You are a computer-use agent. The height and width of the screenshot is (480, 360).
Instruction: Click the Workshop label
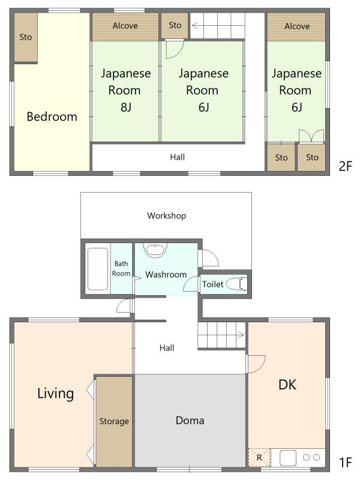pos(167,215)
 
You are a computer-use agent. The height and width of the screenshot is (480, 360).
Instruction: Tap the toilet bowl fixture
pos(236,284)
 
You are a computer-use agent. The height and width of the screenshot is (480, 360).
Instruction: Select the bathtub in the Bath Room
pos(98,268)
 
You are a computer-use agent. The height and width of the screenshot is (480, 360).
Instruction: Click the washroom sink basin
pos(155,250)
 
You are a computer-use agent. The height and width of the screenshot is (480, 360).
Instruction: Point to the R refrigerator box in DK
pos(259,458)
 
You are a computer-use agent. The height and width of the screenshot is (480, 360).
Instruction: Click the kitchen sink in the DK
pos(288,458)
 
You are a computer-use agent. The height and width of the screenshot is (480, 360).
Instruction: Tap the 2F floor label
pos(346,166)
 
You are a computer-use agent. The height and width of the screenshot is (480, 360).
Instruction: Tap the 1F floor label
pos(346,463)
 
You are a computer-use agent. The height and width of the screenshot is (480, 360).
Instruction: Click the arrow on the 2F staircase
pos(198,25)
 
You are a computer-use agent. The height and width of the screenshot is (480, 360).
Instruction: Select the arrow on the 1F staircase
pos(238,335)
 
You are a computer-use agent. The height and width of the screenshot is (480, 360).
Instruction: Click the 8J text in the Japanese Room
pos(126,107)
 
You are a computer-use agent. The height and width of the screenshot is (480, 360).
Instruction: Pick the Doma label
pos(190,421)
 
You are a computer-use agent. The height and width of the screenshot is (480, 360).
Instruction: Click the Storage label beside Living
pos(114,421)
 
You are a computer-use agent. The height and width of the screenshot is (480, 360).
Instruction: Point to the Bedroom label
pos(52,116)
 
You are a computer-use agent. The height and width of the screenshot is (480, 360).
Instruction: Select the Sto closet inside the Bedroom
pos(26,37)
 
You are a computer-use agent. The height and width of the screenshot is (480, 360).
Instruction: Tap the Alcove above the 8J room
pos(125,26)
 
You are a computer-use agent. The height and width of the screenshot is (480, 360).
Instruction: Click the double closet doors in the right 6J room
pos(311,136)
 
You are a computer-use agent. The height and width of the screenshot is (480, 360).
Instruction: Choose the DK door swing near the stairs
pos(256,364)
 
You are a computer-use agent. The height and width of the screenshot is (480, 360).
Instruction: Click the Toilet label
pos(212,284)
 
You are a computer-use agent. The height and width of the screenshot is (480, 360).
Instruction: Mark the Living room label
pos(55,394)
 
